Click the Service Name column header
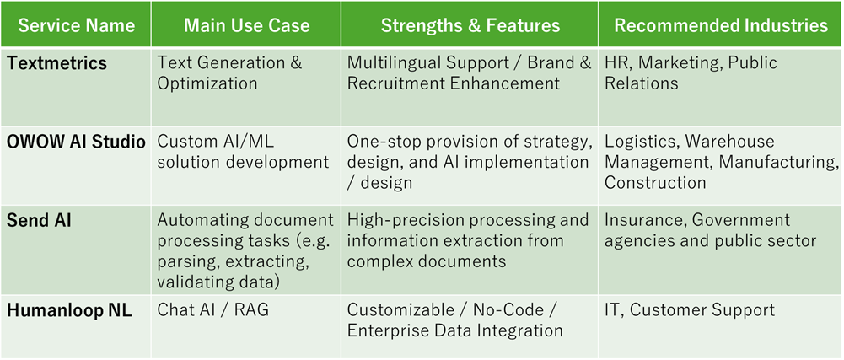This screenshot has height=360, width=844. (x=76, y=25)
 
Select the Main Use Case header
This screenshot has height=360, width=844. (x=246, y=25)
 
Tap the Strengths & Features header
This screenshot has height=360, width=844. (x=470, y=25)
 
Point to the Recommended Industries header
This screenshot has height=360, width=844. (x=721, y=25)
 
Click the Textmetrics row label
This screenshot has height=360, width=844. (x=56, y=63)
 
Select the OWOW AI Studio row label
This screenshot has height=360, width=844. (x=76, y=142)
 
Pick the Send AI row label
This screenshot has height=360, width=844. (x=39, y=220)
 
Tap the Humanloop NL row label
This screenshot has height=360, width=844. (x=69, y=310)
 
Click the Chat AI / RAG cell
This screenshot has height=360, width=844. (x=212, y=310)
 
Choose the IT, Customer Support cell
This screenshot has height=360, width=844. (x=690, y=310)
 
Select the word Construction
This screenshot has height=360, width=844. (x=655, y=182)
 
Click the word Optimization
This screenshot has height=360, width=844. (x=207, y=83)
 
